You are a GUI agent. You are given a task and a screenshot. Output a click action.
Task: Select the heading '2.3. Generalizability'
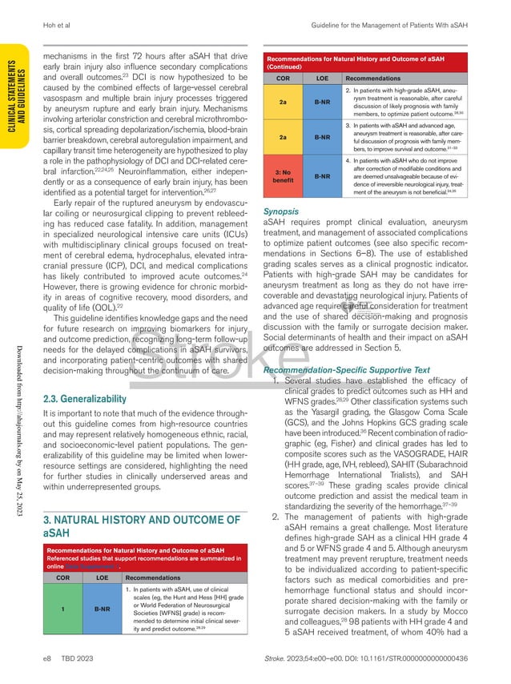coord(84,399)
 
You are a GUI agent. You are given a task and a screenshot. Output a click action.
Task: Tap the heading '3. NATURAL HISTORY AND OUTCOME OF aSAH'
coord(140,505)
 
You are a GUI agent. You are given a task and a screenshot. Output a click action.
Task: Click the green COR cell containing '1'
coord(62,610)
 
